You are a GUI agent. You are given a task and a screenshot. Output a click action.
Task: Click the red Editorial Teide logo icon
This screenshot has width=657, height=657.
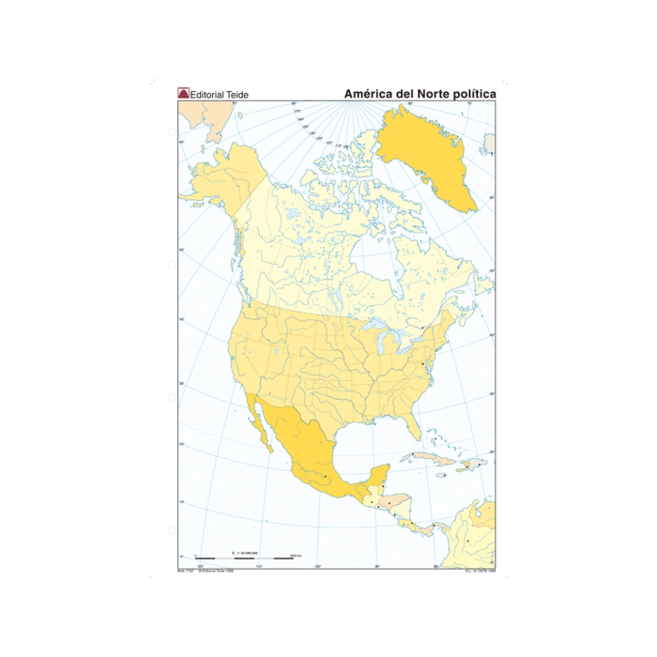(x=183, y=93)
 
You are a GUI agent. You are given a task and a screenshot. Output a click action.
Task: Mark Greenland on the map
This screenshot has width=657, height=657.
(x=422, y=155)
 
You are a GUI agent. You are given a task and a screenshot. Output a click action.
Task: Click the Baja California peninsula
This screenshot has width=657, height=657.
(x=257, y=422)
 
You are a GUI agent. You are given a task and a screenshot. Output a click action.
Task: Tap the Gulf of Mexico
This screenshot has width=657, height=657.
(x=361, y=436)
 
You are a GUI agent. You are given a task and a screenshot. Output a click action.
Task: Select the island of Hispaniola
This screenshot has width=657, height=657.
(x=466, y=466)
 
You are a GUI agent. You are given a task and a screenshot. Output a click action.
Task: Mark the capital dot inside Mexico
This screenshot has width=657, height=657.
(x=326, y=477)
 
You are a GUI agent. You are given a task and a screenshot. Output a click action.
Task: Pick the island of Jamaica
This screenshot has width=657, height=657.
(x=438, y=475)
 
